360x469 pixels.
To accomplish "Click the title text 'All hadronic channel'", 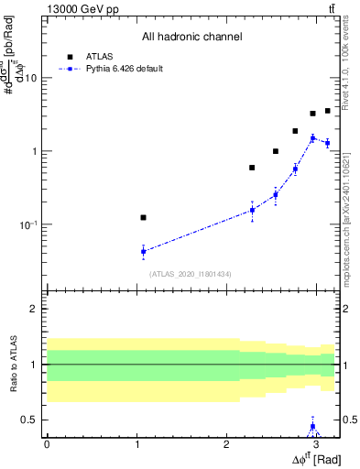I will coord(191,38).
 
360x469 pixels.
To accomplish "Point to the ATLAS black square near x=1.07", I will coord(143,217).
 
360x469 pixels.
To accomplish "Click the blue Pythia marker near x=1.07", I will coord(143,251).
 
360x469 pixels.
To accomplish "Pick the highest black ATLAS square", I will coord(327,111).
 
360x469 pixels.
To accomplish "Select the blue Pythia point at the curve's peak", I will coord(312,138).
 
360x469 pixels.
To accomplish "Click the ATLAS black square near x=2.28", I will coord(252,168).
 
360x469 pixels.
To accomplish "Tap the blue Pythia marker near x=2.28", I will coord(252,210).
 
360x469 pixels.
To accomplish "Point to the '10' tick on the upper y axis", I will coord(30,78).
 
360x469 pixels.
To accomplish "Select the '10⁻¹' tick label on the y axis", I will coord(28,224).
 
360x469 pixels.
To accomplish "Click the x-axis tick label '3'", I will coord(315,442).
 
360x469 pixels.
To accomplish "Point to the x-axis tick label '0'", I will coord(46,442).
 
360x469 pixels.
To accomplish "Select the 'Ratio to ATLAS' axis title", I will coord(13,365).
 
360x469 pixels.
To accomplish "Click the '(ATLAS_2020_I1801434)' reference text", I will coord(191,273).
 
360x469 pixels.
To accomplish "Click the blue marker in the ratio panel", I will coord(312,427).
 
